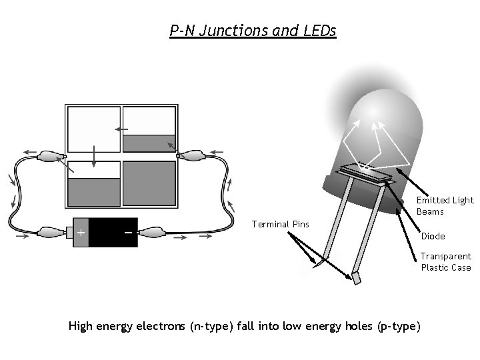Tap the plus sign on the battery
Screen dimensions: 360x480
coord(81,233)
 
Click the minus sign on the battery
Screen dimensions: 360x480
coord(127,233)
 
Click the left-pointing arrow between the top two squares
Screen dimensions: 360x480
coord(121,129)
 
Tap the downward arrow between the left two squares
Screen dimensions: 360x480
coord(93,156)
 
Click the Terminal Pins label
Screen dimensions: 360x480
coord(280,224)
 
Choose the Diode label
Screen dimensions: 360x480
coord(433,236)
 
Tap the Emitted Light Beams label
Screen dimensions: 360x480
coord(445,205)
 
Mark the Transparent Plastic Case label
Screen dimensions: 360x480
coord(445,261)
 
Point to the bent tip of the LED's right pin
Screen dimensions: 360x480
coord(355,277)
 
